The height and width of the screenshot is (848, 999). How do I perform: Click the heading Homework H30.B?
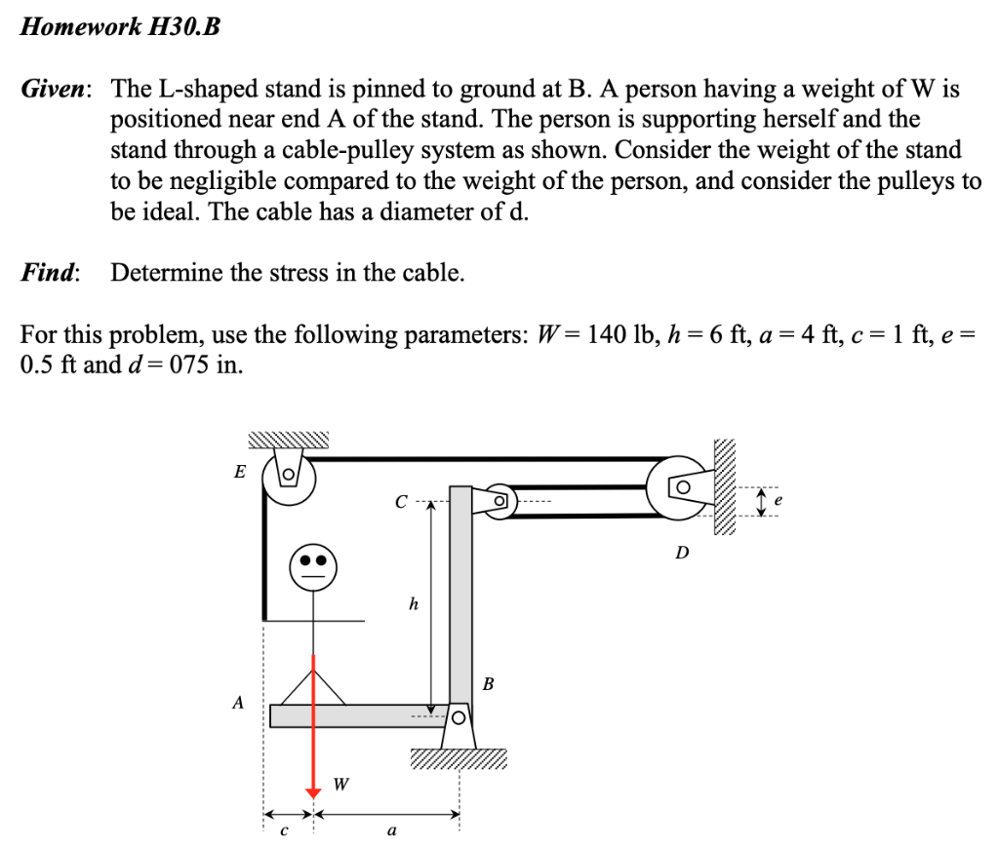[x=121, y=27]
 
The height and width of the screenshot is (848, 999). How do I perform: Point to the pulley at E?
[x=289, y=478]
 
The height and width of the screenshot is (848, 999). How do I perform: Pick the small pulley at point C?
[x=499, y=499]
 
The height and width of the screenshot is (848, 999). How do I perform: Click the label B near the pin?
[x=489, y=683]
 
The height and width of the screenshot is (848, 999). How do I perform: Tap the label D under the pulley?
[x=682, y=553]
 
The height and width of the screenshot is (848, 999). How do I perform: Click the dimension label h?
[x=414, y=604]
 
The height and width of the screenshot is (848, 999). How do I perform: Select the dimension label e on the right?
[x=777, y=500]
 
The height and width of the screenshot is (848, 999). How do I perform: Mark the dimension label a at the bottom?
[x=391, y=831]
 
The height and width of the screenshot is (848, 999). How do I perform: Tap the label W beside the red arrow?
[x=340, y=782]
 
